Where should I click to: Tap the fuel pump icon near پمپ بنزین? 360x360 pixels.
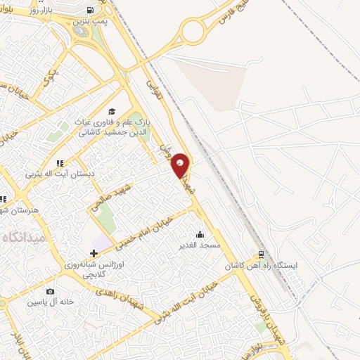(x=91, y=11)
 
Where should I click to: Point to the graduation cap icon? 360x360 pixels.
(x=112, y=111)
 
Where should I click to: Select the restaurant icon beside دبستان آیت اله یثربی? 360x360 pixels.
(x=60, y=163)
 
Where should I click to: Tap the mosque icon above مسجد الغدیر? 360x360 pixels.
(x=201, y=235)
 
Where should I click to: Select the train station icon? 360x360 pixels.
(x=261, y=255)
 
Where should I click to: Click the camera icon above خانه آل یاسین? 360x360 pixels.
(x=50, y=291)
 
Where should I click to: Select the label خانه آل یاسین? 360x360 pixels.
(x=50, y=302)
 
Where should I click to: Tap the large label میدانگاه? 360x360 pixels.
(x=24, y=237)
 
